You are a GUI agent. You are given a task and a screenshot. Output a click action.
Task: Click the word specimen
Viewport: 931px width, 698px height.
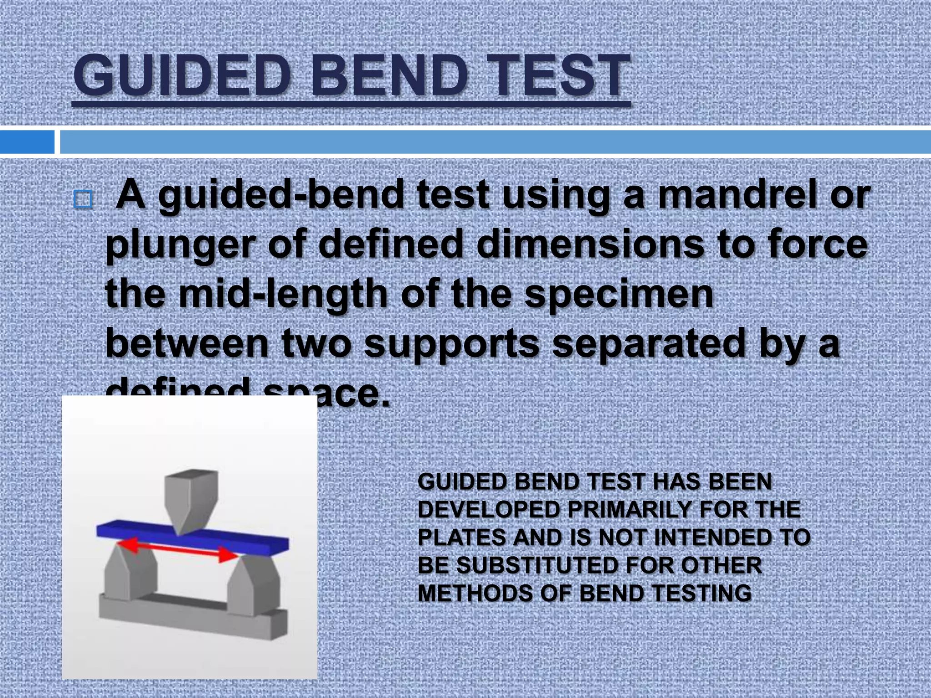pyautogui.click(x=619, y=294)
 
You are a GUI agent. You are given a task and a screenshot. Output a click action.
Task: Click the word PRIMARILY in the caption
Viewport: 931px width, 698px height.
pyautogui.click(x=629, y=510)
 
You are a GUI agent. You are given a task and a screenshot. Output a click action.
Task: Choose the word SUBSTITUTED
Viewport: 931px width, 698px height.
pyautogui.click(x=537, y=566)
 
